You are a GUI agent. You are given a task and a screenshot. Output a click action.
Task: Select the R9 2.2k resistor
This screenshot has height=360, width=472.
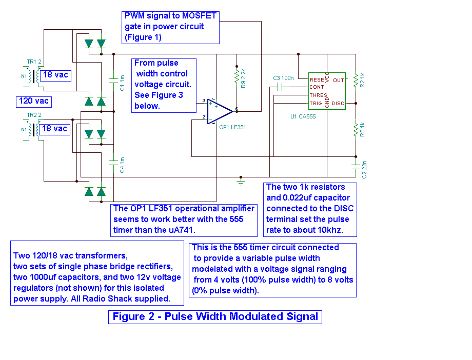click(237, 76)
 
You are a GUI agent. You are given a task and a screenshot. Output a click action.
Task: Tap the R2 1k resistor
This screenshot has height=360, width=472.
click(356, 81)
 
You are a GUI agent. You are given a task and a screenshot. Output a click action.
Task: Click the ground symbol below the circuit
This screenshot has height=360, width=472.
click(241, 181)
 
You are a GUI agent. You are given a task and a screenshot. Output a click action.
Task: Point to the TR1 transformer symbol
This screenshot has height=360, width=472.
click(35, 76)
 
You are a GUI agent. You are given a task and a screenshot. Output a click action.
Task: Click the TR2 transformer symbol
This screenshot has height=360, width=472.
click(35, 129)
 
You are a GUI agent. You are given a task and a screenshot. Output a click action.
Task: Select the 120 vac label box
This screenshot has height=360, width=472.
click(34, 101)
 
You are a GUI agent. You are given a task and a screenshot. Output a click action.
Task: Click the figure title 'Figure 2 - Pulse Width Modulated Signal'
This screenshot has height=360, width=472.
click(215, 316)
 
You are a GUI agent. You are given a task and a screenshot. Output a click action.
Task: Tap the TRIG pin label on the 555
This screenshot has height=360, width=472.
click(316, 104)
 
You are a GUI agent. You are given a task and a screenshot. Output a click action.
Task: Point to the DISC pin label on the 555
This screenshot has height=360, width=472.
click(338, 104)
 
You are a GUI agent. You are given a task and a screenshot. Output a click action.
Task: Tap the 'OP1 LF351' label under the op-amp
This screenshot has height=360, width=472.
click(232, 127)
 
